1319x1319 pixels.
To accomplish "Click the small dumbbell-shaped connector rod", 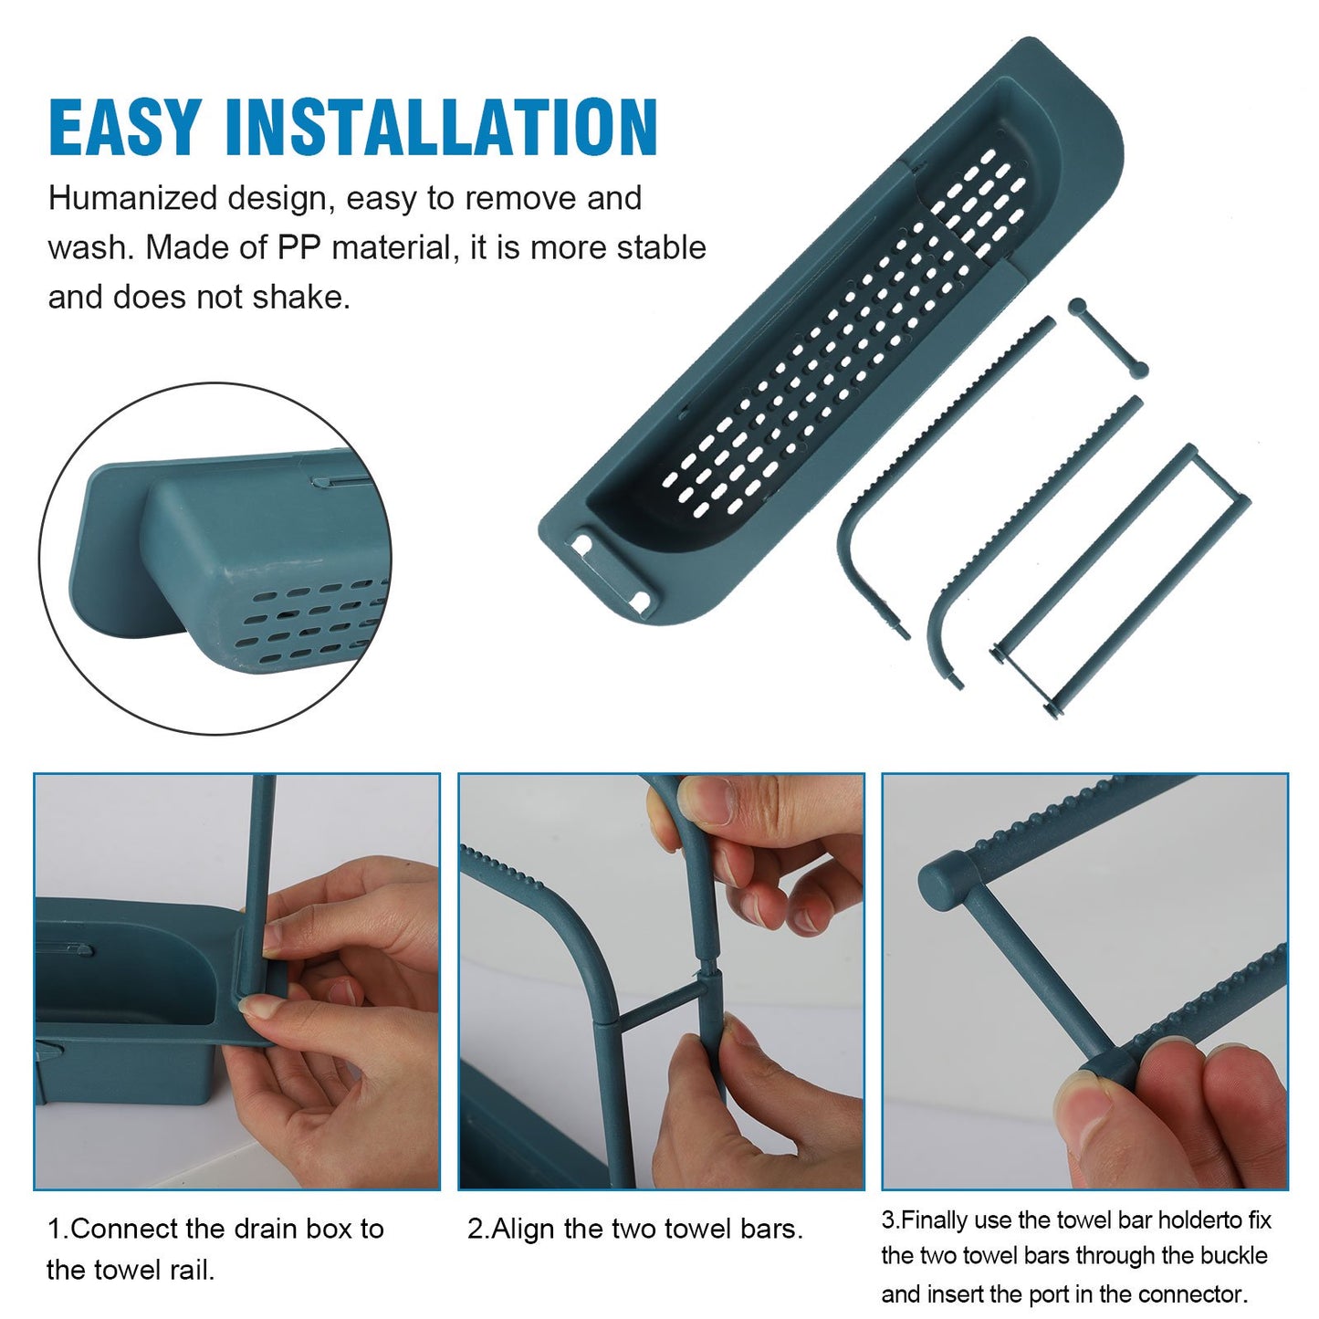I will (1107, 337).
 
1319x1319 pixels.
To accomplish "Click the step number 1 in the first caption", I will (55, 1229).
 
